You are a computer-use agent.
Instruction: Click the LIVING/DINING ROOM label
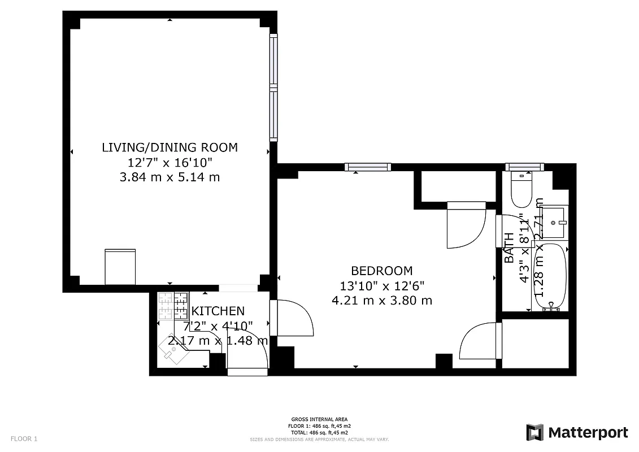(x=169, y=147)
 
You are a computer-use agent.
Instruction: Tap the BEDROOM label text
(x=382, y=271)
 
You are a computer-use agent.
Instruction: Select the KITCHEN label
(x=218, y=311)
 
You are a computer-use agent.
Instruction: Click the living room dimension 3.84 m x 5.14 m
(x=169, y=177)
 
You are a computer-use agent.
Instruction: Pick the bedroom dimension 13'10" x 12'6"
(x=382, y=285)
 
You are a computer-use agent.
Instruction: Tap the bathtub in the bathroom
(x=550, y=276)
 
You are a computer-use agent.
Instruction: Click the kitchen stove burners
(x=173, y=306)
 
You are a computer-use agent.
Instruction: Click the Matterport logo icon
(x=534, y=432)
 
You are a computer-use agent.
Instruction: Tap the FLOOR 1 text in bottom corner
(x=24, y=438)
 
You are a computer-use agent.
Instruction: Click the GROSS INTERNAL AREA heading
(x=320, y=419)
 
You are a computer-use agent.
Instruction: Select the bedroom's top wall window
(x=368, y=167)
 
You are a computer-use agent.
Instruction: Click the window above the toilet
(x=524, y=167)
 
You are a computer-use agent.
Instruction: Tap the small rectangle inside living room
(x=120, y=267)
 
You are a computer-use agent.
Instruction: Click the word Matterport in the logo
(x=588, y=433)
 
